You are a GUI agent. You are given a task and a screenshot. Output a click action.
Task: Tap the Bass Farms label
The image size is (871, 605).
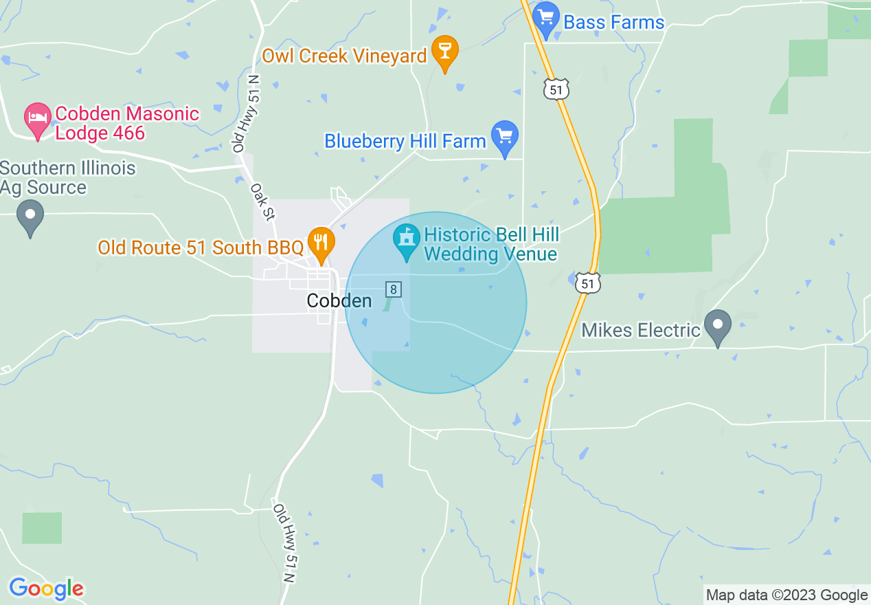[x=613, y=22]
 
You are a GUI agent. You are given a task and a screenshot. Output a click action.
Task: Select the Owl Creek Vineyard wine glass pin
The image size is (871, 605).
[x=444, y=52]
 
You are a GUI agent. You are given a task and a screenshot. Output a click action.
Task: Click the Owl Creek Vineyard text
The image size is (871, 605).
[x=344, y=56]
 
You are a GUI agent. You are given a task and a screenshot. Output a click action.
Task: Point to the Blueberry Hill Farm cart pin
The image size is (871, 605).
[x=505, y=137]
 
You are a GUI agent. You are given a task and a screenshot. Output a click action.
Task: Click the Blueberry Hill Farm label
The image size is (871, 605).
[x=405, y=142]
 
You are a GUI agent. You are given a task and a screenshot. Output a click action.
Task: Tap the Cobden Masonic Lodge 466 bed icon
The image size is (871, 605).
[x=38, y=119]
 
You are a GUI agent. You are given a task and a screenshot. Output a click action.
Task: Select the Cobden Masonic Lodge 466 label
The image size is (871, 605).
[x=127, y=123]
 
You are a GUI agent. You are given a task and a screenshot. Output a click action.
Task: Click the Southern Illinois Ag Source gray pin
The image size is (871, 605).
[x=30, y=216]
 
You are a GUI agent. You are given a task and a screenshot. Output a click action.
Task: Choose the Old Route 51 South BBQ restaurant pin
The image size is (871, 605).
[x=320, y=243]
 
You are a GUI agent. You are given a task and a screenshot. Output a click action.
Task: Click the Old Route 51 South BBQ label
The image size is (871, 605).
[x=200, y=247]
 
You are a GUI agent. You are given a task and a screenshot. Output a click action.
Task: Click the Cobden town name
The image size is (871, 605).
[x=339, y=300]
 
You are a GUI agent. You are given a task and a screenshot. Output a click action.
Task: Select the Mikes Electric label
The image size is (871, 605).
[x=640, y=331]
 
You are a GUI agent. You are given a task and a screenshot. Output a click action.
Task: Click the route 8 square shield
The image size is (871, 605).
[x=393, y=289]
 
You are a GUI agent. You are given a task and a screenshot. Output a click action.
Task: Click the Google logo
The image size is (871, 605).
[x=46, y=588]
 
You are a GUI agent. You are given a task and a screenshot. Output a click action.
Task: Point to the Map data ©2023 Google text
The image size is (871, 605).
[x=787, y=595]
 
